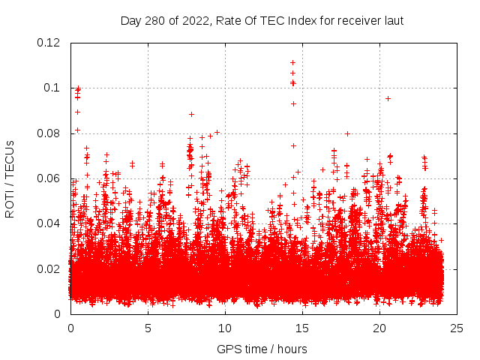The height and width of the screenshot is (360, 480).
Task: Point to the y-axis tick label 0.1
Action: [x=54, y=88]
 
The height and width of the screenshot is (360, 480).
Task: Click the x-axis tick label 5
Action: [x=148, y=328]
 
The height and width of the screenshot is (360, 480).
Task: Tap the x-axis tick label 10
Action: [x=225, y=328]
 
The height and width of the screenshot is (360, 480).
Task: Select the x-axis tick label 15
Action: [x=302, y=328]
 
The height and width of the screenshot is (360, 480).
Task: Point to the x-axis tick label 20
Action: [x=379, y=328]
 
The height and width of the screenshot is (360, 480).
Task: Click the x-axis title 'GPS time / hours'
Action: [x=262, y=349]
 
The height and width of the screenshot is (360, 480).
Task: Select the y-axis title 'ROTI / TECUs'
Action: [x=10, y=178]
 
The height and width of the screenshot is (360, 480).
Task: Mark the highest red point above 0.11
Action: [x=292, y=62]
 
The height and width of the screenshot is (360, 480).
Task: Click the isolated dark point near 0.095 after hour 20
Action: [x=388, y=98]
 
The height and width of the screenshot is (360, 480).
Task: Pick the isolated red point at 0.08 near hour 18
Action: [x=347, y=133]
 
